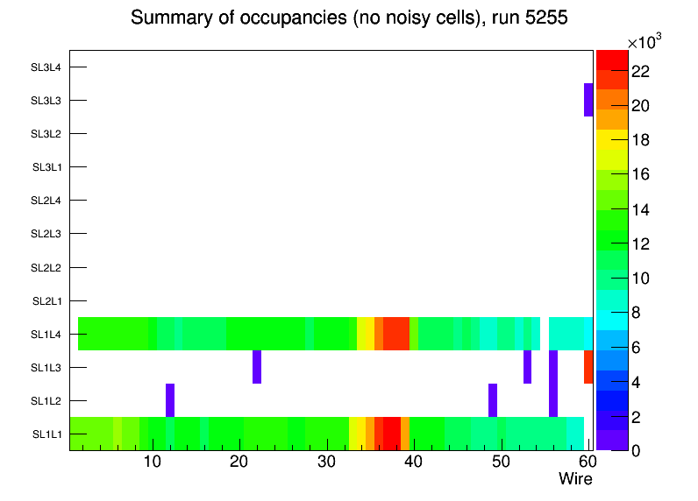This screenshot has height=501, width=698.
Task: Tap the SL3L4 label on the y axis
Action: [46, 67]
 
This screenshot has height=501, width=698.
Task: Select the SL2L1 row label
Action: [46, 300]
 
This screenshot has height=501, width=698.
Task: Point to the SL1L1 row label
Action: [46, 434]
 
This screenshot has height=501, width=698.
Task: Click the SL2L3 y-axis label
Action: [46, 234]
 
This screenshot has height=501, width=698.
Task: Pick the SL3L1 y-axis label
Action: [46, 167]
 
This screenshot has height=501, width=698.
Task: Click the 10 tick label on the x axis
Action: [153, 462]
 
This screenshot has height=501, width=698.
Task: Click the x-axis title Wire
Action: [575, 479]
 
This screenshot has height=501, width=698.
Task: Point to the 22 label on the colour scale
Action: [640, 72]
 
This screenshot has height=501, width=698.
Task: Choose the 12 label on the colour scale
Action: [640, 243]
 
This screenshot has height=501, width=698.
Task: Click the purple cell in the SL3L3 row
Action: [588, 100]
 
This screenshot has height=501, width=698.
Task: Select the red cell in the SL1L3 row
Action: [588, 367]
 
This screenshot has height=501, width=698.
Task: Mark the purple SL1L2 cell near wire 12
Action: [170, 400]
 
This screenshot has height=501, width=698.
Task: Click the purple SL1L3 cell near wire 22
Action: [257, 367]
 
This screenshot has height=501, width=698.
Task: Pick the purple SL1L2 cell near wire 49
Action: [493, 400]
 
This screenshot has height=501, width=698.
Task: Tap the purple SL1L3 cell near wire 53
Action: [527, 367]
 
